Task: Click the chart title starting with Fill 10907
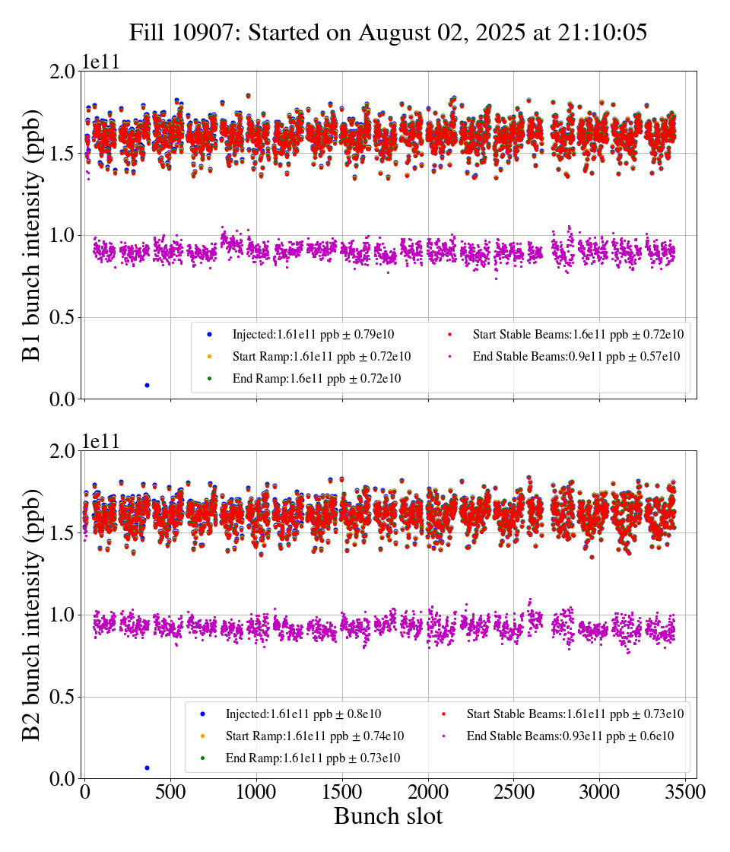[388, 33]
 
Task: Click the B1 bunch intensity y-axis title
[32, 235]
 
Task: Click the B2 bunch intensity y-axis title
[32, 615]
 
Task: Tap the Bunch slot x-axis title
[388, 817]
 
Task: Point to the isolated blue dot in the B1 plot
[147, 385]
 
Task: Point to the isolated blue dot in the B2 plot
[147, 768]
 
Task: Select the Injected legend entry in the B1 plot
[313, 334]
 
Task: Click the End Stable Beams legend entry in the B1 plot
[576, 356]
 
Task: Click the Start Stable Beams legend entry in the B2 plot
[575, 714]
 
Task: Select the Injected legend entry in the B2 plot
[303, 714]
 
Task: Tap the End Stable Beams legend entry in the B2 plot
[570, 736]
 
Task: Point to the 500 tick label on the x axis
[170, 792]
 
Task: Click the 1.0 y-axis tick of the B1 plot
[60, 235]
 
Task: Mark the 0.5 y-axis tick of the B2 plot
[60, 697]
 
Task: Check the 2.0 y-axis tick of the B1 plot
[60, 71]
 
